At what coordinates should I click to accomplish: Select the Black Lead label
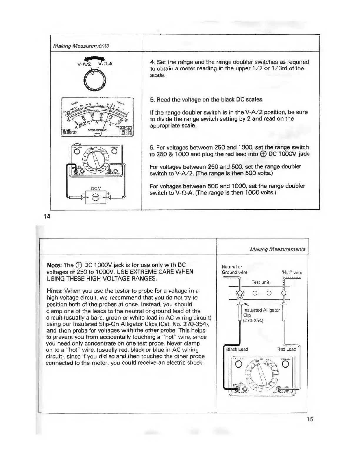(237, 349)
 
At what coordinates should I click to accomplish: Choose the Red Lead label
(286, 349)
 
